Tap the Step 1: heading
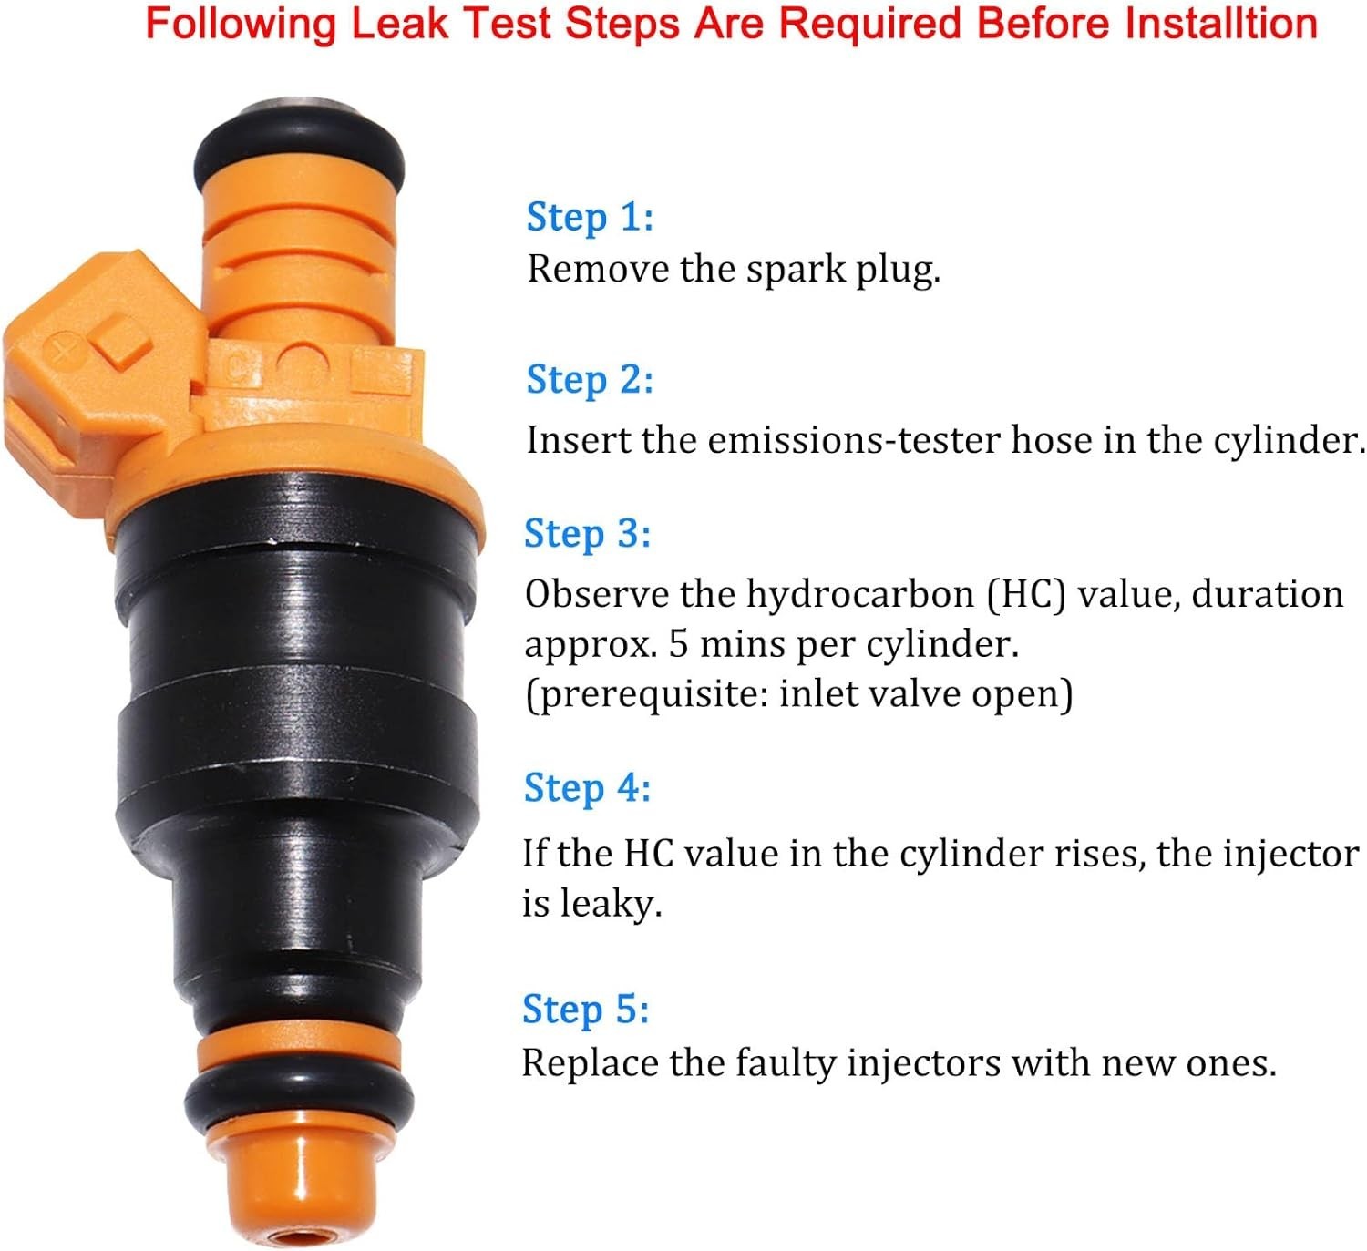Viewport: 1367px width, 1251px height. pos(591,218)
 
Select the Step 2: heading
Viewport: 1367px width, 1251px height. pos(591,380)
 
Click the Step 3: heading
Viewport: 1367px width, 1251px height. pos(588,533)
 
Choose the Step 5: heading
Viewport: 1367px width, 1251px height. pos(586,1010)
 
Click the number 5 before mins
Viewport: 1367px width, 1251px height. pos(678,644)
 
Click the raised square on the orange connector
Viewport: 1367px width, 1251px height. pos(124,343)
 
